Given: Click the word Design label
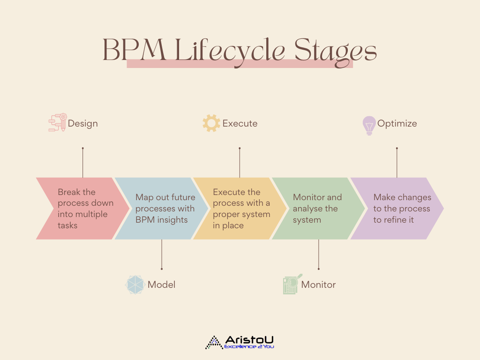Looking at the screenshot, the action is click(82, 123).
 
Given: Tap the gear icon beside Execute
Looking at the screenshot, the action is click(211, 123).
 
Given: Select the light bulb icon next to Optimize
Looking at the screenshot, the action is click(369, 126).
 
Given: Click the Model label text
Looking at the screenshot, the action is click(161, 285).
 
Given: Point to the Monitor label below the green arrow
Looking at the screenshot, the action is click(318, 285).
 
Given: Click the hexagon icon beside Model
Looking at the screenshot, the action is click(135, 285).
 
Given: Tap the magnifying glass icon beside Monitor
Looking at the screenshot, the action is click(292, 284).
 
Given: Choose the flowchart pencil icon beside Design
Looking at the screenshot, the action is click(58, 122).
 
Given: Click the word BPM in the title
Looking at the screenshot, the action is click(135, 50).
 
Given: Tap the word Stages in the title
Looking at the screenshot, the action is click(336, 52).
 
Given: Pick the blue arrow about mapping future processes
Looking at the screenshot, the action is click(161, 209).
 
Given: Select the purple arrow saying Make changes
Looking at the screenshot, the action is click(397, 209).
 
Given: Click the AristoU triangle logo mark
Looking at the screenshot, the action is click(214, 343).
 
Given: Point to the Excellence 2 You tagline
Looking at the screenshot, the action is click(249, 346).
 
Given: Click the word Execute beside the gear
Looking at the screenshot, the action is click(240, 123).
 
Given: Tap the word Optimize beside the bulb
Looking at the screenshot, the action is click(397, 123).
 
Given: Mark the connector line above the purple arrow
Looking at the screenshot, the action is click(397, 163).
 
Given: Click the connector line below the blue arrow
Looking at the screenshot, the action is click(162, 255).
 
